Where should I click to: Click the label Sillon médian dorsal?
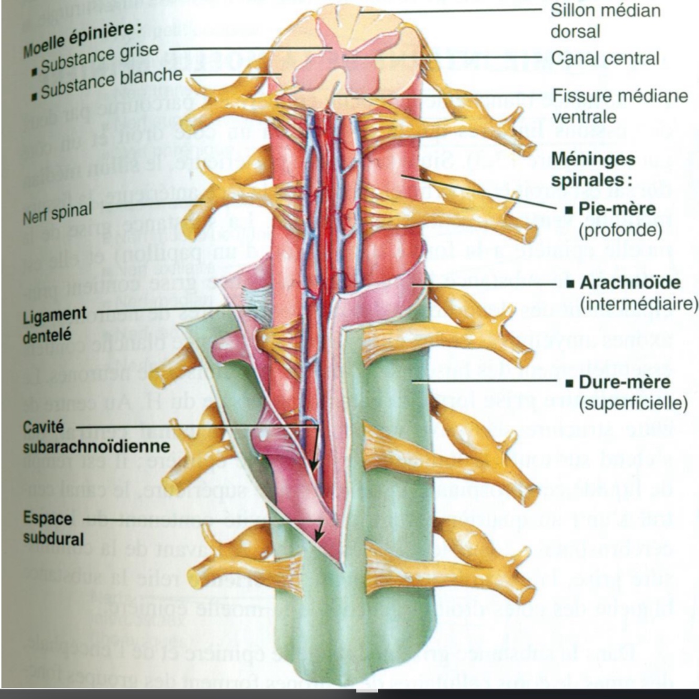click(x=605, y=21)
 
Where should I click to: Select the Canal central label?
click(x=605, y=58)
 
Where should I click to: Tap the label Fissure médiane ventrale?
click(x=619, y=106)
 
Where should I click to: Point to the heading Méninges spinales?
click(x=593, y=169)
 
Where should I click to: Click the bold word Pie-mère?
click(x=617, y=209)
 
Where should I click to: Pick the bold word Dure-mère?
click(x=625, y=381)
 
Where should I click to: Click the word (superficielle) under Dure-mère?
click(x=633, y=403)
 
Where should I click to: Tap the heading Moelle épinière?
click(x=83, y=40)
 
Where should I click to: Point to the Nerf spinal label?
click(x=57, y=213)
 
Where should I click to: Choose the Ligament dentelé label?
click(x=54, y=325)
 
